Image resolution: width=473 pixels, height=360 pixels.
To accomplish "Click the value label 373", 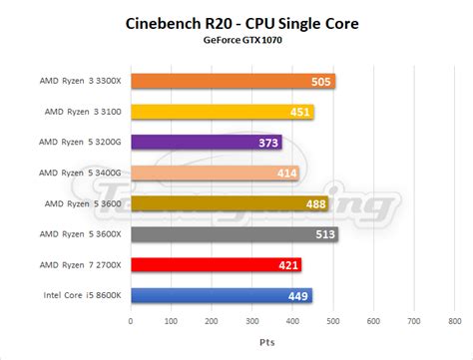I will click(x=269, y=143).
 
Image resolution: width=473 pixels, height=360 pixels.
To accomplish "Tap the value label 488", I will click(x=315, y=204).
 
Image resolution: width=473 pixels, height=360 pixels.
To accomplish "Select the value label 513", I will click(x=324, y=234).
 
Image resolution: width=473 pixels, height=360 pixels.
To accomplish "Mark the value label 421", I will click(x=288, y=265).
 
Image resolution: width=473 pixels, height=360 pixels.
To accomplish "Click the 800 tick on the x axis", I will click(x=453, y=322).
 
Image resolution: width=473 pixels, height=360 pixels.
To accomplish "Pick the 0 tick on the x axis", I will click(x=130, y=322).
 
